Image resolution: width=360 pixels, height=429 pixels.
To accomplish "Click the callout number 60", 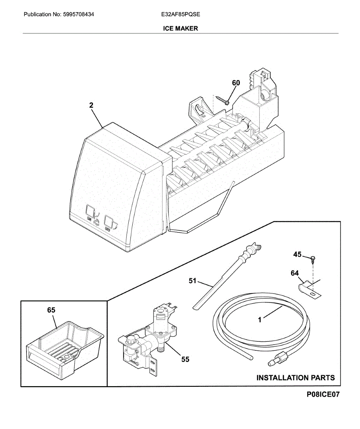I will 236,83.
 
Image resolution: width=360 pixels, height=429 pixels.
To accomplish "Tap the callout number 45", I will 297,255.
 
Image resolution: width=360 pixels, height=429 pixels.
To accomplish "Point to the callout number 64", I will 295,273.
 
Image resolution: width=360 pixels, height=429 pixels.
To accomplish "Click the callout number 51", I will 193,281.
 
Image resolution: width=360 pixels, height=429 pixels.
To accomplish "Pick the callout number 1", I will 261,321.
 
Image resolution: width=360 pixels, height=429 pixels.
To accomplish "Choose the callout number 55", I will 185,359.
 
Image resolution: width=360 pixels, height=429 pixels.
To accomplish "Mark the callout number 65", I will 51,310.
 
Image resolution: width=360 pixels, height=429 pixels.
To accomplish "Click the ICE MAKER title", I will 180,28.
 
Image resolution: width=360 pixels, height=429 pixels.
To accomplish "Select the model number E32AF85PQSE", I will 180,15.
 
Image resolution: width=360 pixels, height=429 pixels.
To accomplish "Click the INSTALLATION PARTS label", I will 296,378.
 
